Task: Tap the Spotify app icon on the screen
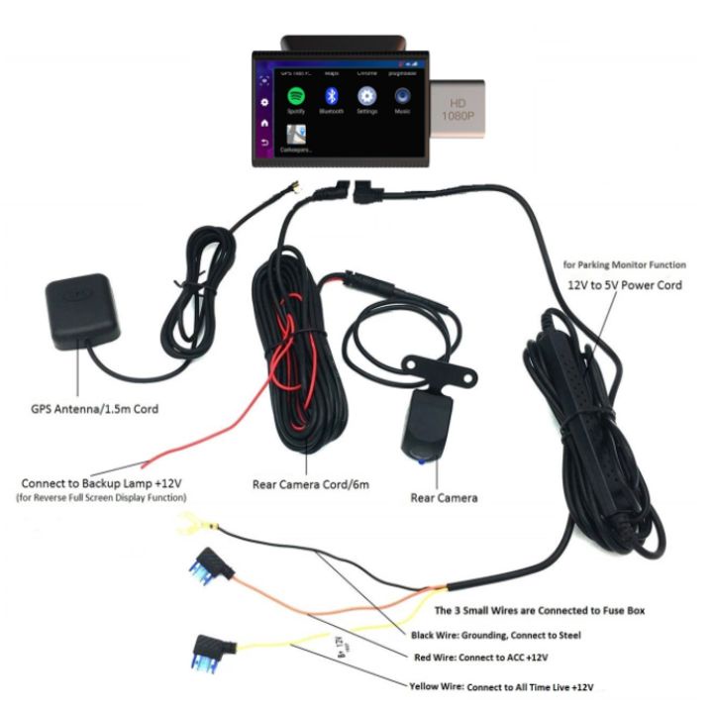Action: [x=294, y=97]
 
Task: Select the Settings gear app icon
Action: [x=367, y=97]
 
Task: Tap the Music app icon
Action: [x=403, y=97]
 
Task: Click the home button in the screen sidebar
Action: [x=263, y=123]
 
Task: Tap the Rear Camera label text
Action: [x=444, y=497]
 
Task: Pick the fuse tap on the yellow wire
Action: [x=207, y=651]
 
